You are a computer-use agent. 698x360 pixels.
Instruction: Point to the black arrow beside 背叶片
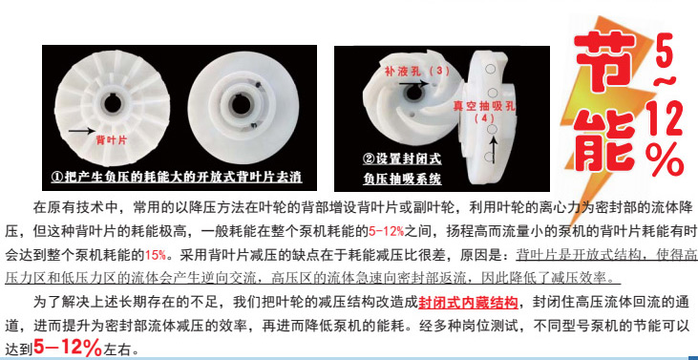(81, 131)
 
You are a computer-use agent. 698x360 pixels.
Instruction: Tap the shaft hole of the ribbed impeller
(112, 104)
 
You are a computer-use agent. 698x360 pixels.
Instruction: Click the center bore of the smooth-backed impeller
(241, 104)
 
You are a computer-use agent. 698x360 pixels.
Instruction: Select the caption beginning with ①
(178, 177)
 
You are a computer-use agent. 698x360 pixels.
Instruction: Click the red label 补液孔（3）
(416, 71)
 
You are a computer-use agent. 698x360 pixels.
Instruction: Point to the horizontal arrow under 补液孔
(413, 83)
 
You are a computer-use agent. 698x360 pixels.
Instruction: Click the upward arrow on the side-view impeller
(494, 150)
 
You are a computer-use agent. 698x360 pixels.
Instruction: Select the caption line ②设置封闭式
(402, 159)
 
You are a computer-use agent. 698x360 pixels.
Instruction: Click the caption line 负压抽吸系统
(402, 179)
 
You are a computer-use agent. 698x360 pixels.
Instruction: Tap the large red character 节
(604, 60)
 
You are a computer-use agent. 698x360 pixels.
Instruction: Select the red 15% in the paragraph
(155, 255)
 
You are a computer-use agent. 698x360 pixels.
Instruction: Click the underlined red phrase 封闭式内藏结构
(468, 302)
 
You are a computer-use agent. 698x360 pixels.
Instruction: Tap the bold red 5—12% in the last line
(68, 348)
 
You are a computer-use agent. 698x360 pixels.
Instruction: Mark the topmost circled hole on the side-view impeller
(491, 69)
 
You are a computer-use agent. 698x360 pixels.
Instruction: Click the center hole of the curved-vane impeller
(414, 93)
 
